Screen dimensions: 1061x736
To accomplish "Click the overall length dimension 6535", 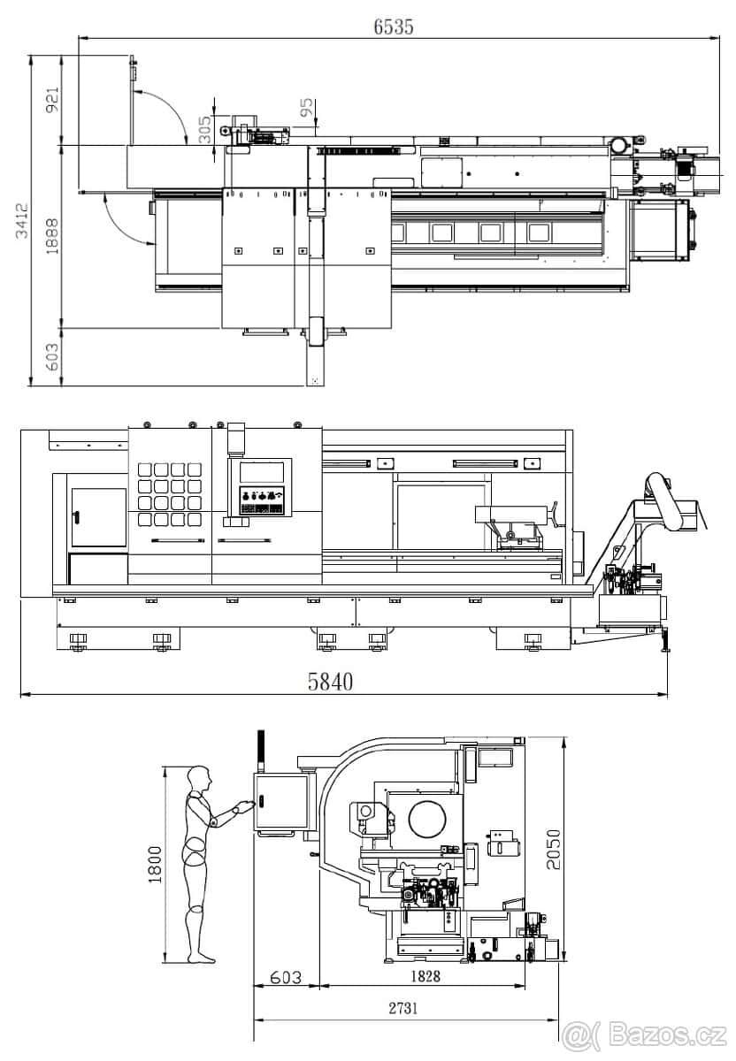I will click(393, 27).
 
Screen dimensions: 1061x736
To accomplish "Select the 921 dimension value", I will click(52, 101).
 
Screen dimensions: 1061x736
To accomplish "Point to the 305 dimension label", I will click(204, 131).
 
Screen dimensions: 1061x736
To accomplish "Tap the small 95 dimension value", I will click(306, 109).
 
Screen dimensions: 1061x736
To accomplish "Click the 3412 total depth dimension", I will click(21, 221).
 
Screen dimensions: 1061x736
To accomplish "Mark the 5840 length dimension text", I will click(330, 681).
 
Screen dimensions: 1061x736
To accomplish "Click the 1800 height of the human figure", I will click(154, 865).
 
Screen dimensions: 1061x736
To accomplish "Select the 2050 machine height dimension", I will click(553, 849).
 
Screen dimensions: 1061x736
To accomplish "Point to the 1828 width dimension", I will click(425, 976).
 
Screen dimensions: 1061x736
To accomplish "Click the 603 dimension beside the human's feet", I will click(285, 977).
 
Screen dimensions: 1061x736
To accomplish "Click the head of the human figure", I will click(201, 779).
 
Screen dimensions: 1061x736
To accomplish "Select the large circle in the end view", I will click(427, 820).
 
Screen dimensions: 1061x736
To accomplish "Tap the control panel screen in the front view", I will click(255, 472).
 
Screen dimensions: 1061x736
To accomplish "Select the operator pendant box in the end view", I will click(281, 802).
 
